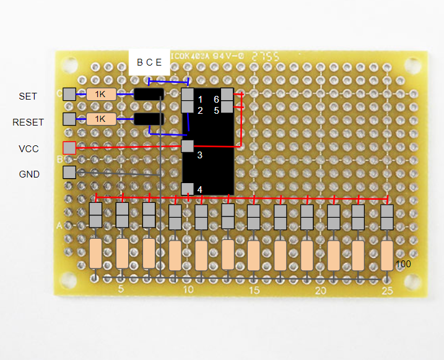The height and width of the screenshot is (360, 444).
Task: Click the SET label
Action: [28, 96]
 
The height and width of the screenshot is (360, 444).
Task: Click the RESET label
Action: [28, 122]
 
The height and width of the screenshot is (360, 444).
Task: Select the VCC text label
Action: [29, 148]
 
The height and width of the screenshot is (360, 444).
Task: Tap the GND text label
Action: [29, 174]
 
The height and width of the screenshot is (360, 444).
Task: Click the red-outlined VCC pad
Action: [69, 148]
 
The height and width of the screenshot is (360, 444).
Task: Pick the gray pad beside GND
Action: [69, 172]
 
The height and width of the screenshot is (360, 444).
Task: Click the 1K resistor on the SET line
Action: [101, 94]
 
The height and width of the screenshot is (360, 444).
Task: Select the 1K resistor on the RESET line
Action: [101, 119]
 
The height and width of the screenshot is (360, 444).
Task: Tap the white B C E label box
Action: [149, 62]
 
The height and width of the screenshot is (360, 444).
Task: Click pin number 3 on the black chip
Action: [200, 155]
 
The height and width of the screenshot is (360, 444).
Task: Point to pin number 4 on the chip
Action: [199, 189]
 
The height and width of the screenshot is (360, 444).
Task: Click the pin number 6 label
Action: [216, 99]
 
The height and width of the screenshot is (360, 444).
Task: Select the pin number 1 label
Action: [200, 99]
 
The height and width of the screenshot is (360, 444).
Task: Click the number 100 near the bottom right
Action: [403, 264]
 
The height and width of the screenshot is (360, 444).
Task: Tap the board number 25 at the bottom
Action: [387, 290]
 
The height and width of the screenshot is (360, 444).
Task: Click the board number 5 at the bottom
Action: [121, 289]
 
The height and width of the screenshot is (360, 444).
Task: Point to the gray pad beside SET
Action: [69, 94]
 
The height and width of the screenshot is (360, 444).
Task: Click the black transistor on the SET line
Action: [149, 94]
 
